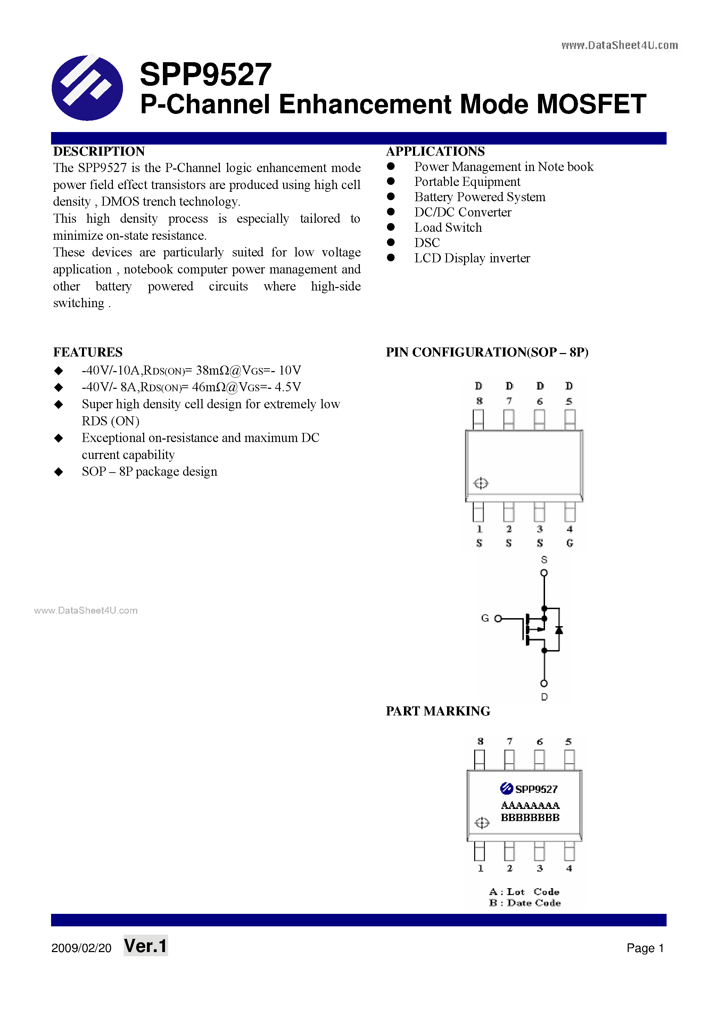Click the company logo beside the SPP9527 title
tap(87, 87)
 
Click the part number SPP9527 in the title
tap(205, 74)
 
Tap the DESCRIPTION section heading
tap(99, 151)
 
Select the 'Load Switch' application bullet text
tap(448, 228)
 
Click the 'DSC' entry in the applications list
tap(427, 243)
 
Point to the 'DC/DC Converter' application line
tap(462, 212)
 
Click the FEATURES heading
tap(88, 352)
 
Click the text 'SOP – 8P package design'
tap(149, 472)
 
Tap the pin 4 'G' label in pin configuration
tap(569, 543)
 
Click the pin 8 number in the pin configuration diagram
tap(479, 401)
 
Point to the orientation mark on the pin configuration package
tap(480, 483)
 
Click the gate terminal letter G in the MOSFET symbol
tap(485, 618)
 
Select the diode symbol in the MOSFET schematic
tap(559, 629)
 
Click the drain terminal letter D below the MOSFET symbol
tap(544, 697)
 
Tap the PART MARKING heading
tap(438, 711)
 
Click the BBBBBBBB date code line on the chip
tap(530, 818)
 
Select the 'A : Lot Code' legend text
tap(524, 892)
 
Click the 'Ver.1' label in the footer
tap(146, 946)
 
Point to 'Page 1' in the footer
tap(645, 948)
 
